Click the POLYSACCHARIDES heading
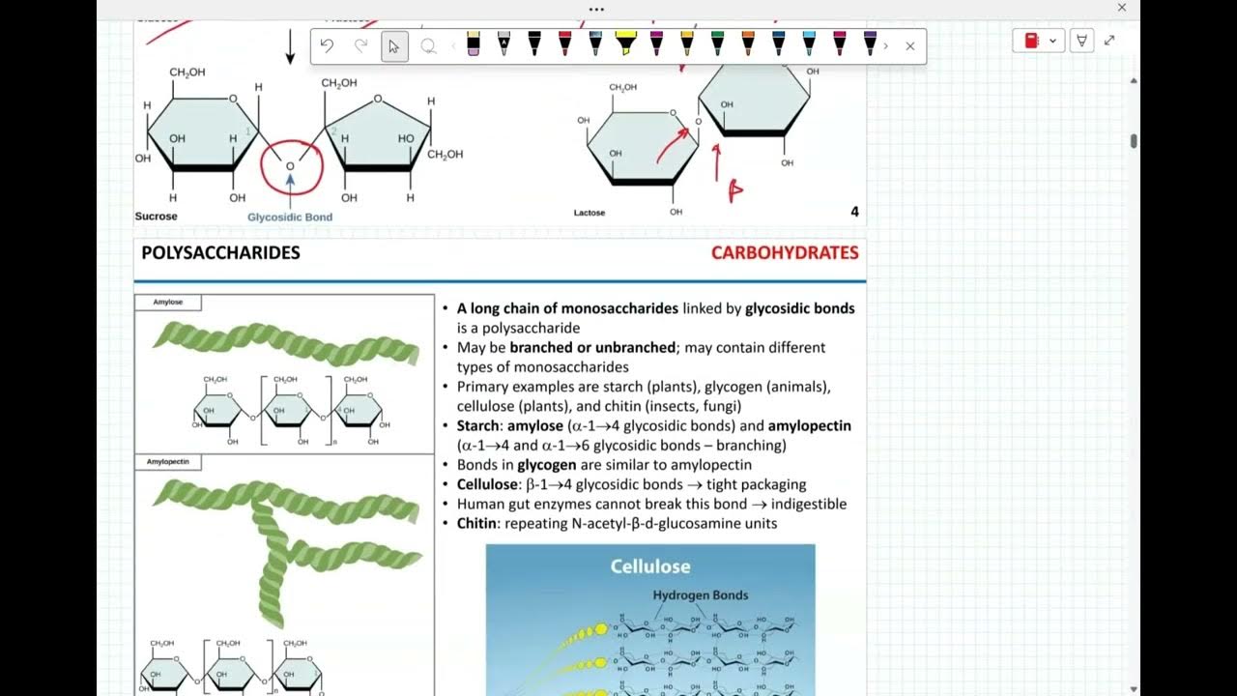click(x=220, y=253)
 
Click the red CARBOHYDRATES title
click(x=785, y=253)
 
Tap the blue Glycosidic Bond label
click(x=290, y=217)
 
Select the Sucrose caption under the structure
click(x=156, y=217)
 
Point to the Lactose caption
click(x=590, y=213)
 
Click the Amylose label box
click(x=168, y=303)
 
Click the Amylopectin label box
click(x=168, y=462)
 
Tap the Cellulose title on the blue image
click(x=650, y=566)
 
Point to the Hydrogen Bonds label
click(x=701, y=595)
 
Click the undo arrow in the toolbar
click(x=327, y=45)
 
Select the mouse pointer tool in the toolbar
click(x=394, y=45)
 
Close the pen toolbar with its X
click(x=909, y=45)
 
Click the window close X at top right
click(x=1122, y=8)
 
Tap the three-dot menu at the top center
click(x=596, y=10)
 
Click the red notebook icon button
click(x=1031, y=41)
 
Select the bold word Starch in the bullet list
click(x=478, y=425)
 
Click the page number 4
click(x=854, y=212)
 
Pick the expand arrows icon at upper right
click(x=1109, y=41)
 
